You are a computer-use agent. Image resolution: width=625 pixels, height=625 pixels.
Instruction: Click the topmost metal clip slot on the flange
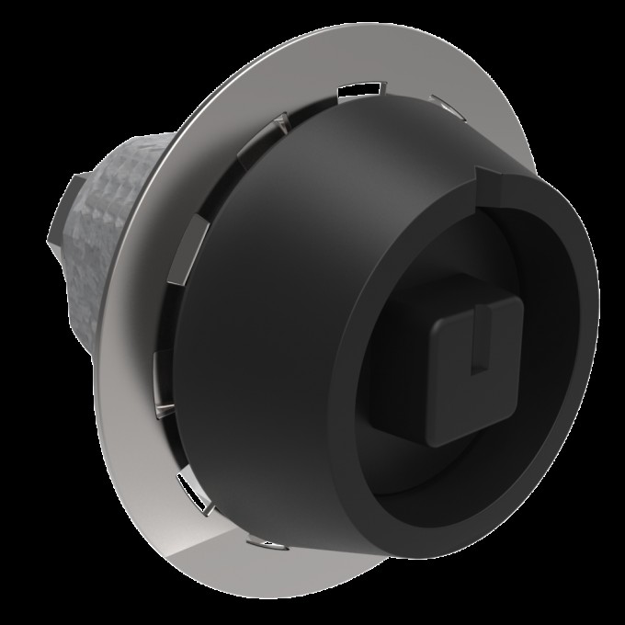358,90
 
